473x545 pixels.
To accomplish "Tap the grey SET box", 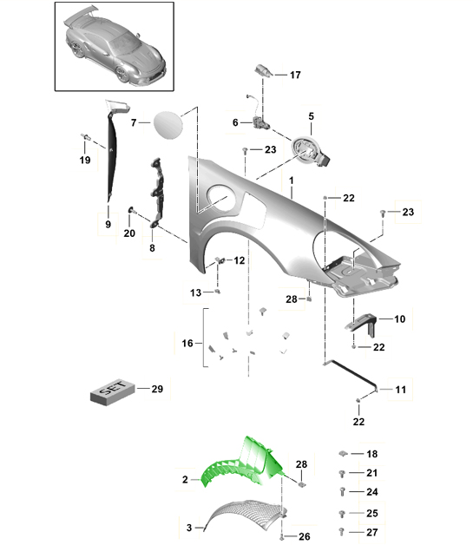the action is pyautogui.click(x=112, y=391).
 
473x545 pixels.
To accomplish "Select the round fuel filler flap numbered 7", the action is pyautogui.click(x=168, y=124).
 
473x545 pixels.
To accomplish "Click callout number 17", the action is pyautogui.click(x=295, y=75).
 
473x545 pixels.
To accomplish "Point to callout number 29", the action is pyautogui.click(x=157, y=389).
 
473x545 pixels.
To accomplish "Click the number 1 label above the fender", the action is pyautogui.click(x=292, y=181).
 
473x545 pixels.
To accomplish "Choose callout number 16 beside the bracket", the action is pyautogui.click(x=187, y=344).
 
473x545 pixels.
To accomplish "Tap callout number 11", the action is pyautogui.click(x=400, y=390).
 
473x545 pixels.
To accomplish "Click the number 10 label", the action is pyautogui.click(x=400, y=319).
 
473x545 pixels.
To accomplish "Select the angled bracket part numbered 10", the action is pyautogui.click(x=361, y=323).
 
